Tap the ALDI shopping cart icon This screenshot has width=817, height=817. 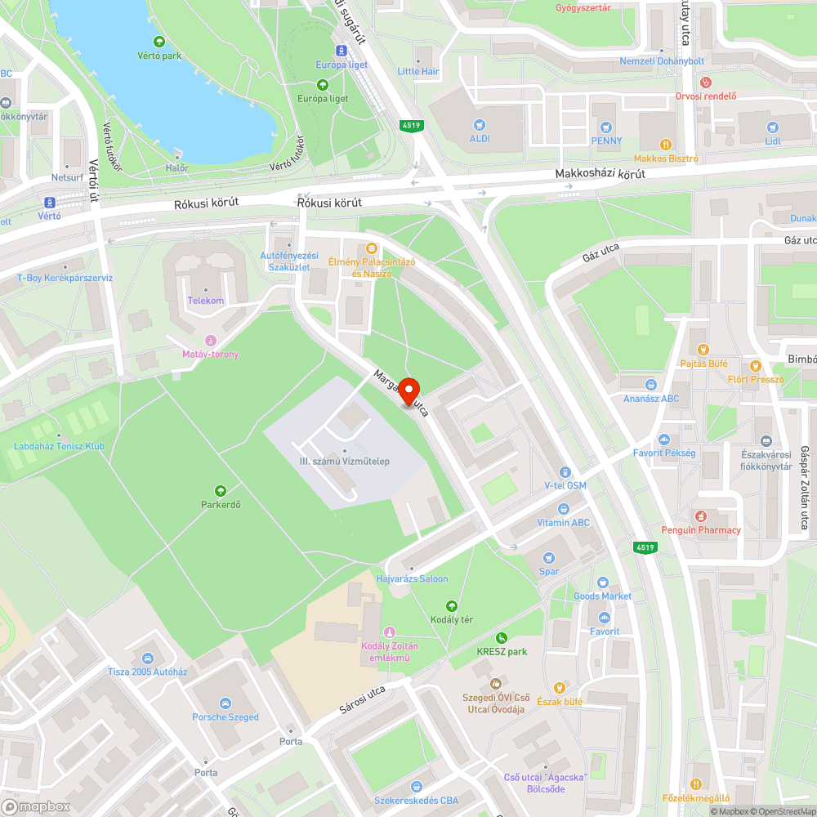[480, 126]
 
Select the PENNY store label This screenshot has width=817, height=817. [606, 141]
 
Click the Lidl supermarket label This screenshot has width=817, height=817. [773, 141]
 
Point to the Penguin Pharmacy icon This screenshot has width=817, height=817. [700, 516]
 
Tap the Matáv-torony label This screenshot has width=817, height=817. [210, 354]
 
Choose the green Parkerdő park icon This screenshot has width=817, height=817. [221, 490]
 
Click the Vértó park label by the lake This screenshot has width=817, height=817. [159, 56]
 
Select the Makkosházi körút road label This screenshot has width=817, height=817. [600, 174]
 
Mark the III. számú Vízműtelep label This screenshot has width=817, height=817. [344, 462]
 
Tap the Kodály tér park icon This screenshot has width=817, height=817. [452, 605]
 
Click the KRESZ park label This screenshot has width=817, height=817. [502, 651]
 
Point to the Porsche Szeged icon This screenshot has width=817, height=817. [225, 703]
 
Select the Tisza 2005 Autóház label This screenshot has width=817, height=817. [148, 672]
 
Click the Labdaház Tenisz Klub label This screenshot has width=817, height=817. [59, 446]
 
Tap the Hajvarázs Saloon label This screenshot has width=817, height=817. [412, 578]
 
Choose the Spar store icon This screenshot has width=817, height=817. [549, 558]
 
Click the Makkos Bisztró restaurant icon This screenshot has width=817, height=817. [666, 145]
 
